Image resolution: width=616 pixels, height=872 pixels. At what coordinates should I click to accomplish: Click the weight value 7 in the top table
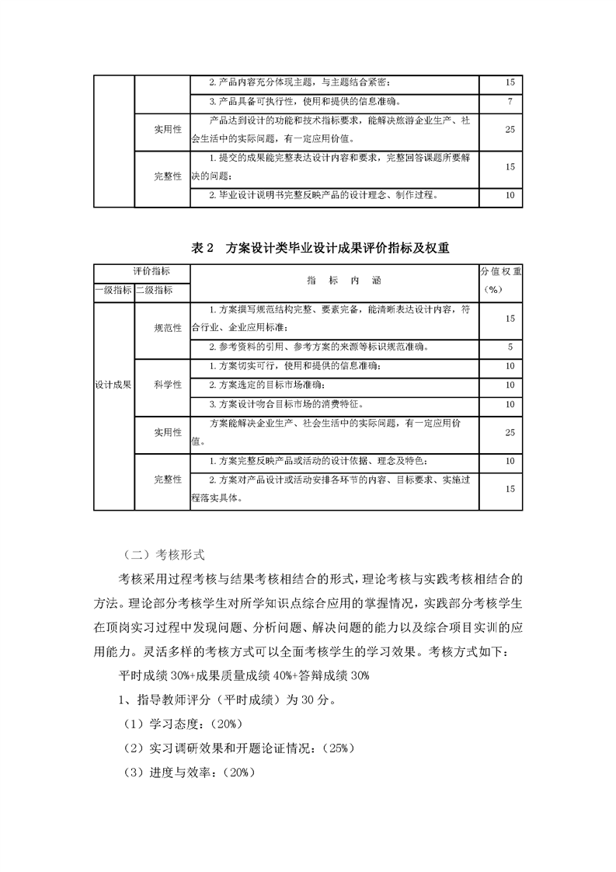pyautogui.click(x=510, y=101)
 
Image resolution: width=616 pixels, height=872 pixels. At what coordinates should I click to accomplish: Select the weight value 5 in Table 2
pyautogui.click(x=510, y=347)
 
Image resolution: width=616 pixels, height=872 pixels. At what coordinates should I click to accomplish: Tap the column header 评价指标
pyautogui.click(x=151, y=271)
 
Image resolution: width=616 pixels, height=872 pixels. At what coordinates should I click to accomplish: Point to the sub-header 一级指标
pyautogui.click(x=113, y=290)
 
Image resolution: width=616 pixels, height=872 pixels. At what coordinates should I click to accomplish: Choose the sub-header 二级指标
pyautogui.click(x=154, y=290)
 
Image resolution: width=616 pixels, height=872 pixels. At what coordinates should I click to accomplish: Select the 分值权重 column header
pyautogui.click(x=502, y=272)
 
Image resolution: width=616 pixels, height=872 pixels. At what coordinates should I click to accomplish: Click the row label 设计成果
pyautogui.click(x=113, y=384)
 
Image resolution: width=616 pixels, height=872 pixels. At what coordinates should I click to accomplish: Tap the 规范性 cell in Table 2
pyautogui.click(x=168, y=328)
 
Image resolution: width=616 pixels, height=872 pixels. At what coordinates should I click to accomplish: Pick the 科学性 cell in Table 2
pyautogui.click(x=168, y=384)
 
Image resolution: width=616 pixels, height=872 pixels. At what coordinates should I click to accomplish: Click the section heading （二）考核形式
pyautogui.click(x=163, y=555)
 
